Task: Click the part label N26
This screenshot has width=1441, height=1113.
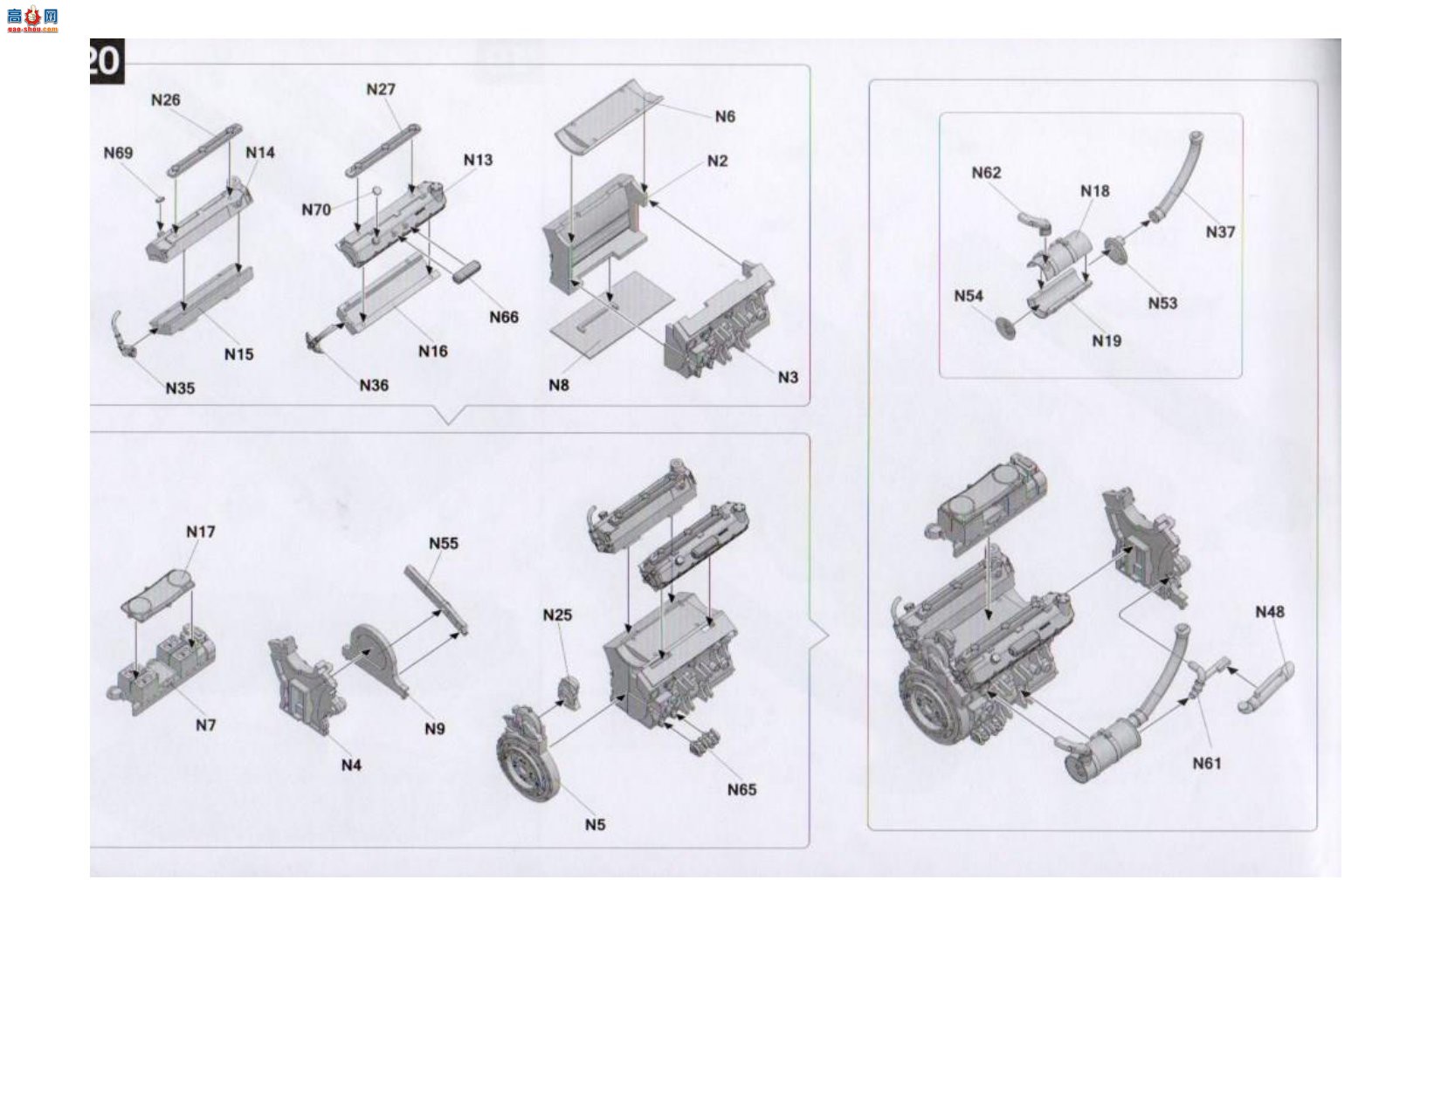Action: point(165,100)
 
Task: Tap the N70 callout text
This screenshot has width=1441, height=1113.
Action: point(315,210)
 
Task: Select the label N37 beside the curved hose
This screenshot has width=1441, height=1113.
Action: point(1220,232)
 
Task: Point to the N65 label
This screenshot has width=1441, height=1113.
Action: point(741,789)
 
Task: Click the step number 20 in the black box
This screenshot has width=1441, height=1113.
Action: point(106,61)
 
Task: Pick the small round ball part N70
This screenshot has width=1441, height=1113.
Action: point(376,191)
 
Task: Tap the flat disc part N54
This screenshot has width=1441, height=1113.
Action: point(1005,327)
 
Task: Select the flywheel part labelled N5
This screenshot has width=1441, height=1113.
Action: point(527,752)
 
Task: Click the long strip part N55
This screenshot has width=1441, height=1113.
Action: point(437,600)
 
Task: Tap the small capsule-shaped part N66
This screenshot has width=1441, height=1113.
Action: point(467,271)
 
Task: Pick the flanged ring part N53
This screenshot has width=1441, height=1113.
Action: point(1115,251)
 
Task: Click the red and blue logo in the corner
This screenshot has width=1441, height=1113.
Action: point(32,18)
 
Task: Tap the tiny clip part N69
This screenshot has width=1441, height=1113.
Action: point(159,197)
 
